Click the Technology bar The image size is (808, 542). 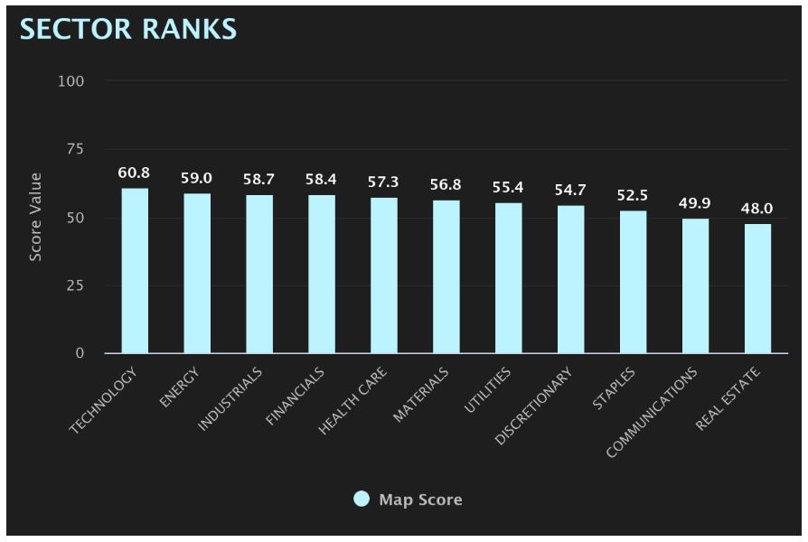[135, 271]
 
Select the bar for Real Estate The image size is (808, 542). [758, 288]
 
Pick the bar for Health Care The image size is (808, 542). [384, 276]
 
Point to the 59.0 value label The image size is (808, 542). [197, 179]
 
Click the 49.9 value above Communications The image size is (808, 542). [695, 203]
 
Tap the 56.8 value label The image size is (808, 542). [446, 184]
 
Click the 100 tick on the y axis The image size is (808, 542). [70, 81]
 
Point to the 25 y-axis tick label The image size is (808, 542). [74, 285]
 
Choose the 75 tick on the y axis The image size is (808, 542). [74, 149]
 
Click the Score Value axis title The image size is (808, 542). [36, 217]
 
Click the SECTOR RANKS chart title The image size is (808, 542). [128, 29]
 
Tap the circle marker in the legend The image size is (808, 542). [362, 500]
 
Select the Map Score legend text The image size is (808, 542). [420, 500]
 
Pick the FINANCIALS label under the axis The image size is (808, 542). [296, 397]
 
